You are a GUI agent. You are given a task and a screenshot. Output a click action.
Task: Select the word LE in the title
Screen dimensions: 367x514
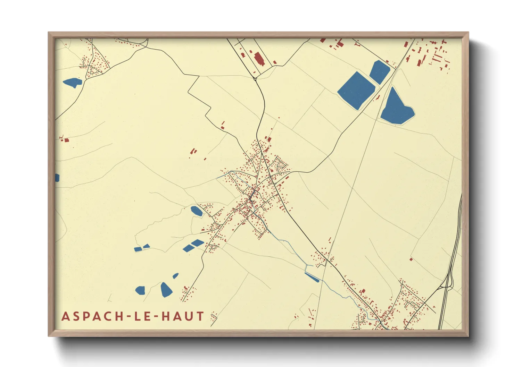[140, 316]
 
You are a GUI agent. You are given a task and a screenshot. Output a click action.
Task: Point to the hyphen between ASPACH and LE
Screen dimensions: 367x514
[121, 317]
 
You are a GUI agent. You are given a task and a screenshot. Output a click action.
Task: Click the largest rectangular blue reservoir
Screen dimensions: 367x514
[356, 90]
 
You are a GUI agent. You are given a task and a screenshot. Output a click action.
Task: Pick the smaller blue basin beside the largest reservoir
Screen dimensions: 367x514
[380, 72]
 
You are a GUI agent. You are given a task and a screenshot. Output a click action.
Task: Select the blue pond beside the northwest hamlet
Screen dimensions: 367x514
[72, 83]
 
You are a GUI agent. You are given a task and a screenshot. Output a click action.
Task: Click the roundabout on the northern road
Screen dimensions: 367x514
[255, 79]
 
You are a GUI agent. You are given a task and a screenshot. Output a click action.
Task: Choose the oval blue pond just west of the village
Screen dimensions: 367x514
[197, 211]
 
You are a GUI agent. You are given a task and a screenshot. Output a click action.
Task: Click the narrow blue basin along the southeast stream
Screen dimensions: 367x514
[312, 277]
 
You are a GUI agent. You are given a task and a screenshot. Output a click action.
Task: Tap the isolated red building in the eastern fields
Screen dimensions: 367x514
[411, 259]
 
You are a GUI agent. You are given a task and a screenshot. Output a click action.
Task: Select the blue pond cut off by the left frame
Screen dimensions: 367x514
[57, 178]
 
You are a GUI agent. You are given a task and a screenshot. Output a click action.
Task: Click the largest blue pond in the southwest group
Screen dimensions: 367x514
[166, 290]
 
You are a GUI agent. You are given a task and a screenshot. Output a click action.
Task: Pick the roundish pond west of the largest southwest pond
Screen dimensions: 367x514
[140, 290]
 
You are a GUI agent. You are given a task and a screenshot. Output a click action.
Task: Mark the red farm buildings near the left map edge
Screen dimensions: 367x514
[65, 140]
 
